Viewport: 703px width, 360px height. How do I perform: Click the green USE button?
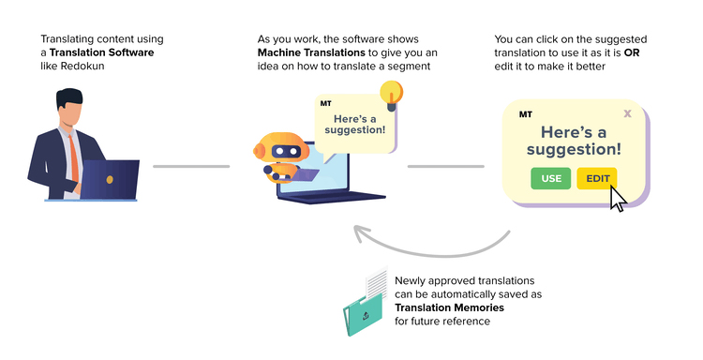[550, 178]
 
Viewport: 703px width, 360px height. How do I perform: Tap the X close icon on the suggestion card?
[627, 113]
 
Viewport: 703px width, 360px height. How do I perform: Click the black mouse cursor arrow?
[618, 198]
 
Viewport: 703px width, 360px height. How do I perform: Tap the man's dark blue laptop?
[109, 179]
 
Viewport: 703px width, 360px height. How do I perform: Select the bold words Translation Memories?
[449, 307]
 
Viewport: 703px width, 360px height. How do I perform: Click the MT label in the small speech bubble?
[325, 103]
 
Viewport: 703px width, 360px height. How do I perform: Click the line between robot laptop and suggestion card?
[445, 167]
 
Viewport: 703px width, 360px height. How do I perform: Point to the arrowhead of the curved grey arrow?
[357, 231]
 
